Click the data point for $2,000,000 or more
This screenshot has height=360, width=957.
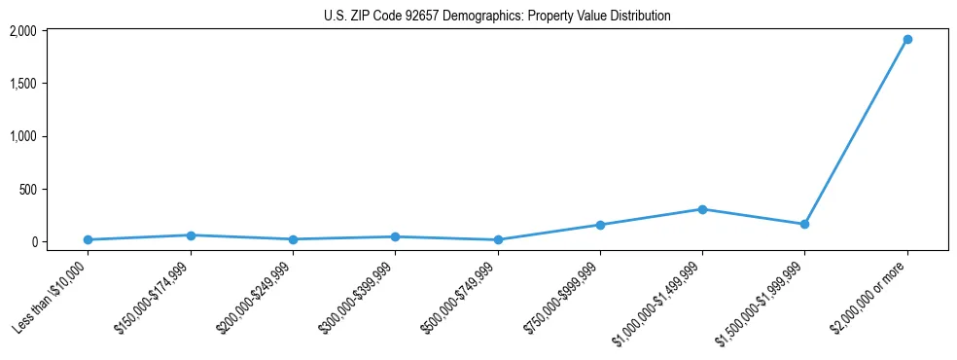pos(906,40)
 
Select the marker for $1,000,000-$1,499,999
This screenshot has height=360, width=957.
pos(702,209)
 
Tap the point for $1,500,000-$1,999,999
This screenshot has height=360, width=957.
pos(804,225)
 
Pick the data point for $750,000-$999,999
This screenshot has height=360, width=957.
pos(600,225)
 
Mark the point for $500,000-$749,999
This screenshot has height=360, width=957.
pos(498,239)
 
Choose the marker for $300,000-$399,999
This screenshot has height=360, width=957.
pos(395,236)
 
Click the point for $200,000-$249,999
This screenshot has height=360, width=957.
pos(293,239)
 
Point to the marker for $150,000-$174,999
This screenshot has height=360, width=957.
pos(191,235)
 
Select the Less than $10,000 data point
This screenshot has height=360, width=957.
pos(88,239)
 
